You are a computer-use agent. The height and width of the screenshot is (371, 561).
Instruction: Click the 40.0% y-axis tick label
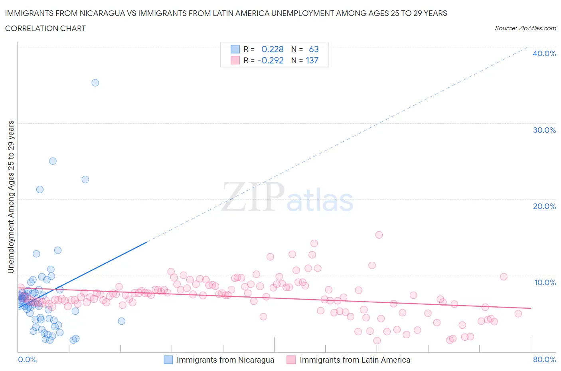544,53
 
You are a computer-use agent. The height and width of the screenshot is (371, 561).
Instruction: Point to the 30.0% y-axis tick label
544,130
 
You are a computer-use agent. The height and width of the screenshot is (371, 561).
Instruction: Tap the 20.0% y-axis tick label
544,206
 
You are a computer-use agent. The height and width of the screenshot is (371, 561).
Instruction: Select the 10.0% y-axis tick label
545,282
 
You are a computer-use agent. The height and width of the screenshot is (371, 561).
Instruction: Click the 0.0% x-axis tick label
27,359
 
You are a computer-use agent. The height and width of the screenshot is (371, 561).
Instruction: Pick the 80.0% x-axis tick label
544,359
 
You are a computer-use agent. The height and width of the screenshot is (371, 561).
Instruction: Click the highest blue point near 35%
95,83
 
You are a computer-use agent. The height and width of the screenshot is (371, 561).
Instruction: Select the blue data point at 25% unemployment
53,161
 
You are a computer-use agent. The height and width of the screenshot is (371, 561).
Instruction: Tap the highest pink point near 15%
379,235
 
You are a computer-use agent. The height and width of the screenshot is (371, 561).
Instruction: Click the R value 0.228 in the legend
272,49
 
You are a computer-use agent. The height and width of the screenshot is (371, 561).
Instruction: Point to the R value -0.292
271,60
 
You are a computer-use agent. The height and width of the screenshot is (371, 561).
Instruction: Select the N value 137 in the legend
312,60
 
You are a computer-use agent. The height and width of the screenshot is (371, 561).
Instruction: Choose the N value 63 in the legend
314,49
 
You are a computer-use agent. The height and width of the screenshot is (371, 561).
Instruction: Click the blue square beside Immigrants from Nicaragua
168,360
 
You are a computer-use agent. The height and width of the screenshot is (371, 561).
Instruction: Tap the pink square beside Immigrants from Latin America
291,360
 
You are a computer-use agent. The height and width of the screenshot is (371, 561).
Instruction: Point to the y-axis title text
11,197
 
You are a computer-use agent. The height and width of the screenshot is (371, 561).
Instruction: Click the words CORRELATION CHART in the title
45,28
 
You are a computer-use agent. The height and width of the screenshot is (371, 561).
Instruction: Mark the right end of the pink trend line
531,308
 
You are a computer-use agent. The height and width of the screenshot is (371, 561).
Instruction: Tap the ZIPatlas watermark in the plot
288,197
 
